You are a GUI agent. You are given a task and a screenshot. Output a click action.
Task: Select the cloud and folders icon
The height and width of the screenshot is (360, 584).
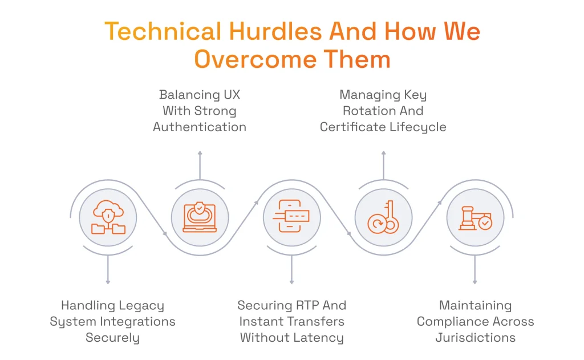tap(108, 218)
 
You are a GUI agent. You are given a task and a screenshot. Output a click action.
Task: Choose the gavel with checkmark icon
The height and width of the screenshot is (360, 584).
tap(475, 218)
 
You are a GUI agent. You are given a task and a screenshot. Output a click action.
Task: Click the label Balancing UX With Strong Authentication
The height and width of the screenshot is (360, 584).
tap(200, 111)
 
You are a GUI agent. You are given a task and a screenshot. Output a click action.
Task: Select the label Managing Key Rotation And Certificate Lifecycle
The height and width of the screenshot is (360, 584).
tap(383, 111)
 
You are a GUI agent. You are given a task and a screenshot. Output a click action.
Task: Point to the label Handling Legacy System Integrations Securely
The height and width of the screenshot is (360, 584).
tap(112, 321)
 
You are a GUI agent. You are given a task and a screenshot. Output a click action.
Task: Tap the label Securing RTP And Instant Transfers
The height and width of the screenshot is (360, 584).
tap(291, 321)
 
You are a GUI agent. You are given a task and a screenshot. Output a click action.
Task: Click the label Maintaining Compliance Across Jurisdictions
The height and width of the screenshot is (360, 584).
tap(475, 321)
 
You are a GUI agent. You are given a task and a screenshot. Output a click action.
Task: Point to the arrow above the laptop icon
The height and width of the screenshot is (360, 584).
tap(200, 164)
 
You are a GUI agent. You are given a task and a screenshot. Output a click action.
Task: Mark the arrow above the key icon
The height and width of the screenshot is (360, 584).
tap(383, 164)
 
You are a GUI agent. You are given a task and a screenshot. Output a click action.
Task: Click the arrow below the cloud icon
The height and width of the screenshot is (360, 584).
tap(108, 269)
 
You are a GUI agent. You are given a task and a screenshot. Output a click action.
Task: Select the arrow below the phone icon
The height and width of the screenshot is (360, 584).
tap(291, 269)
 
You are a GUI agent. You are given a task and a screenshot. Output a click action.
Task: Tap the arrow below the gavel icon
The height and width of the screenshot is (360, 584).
tap(475, 269)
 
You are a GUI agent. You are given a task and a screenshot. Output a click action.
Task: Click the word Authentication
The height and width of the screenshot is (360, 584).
tap(200, 127)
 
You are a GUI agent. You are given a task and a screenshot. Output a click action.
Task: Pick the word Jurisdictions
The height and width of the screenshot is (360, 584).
tap(475, 337)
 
